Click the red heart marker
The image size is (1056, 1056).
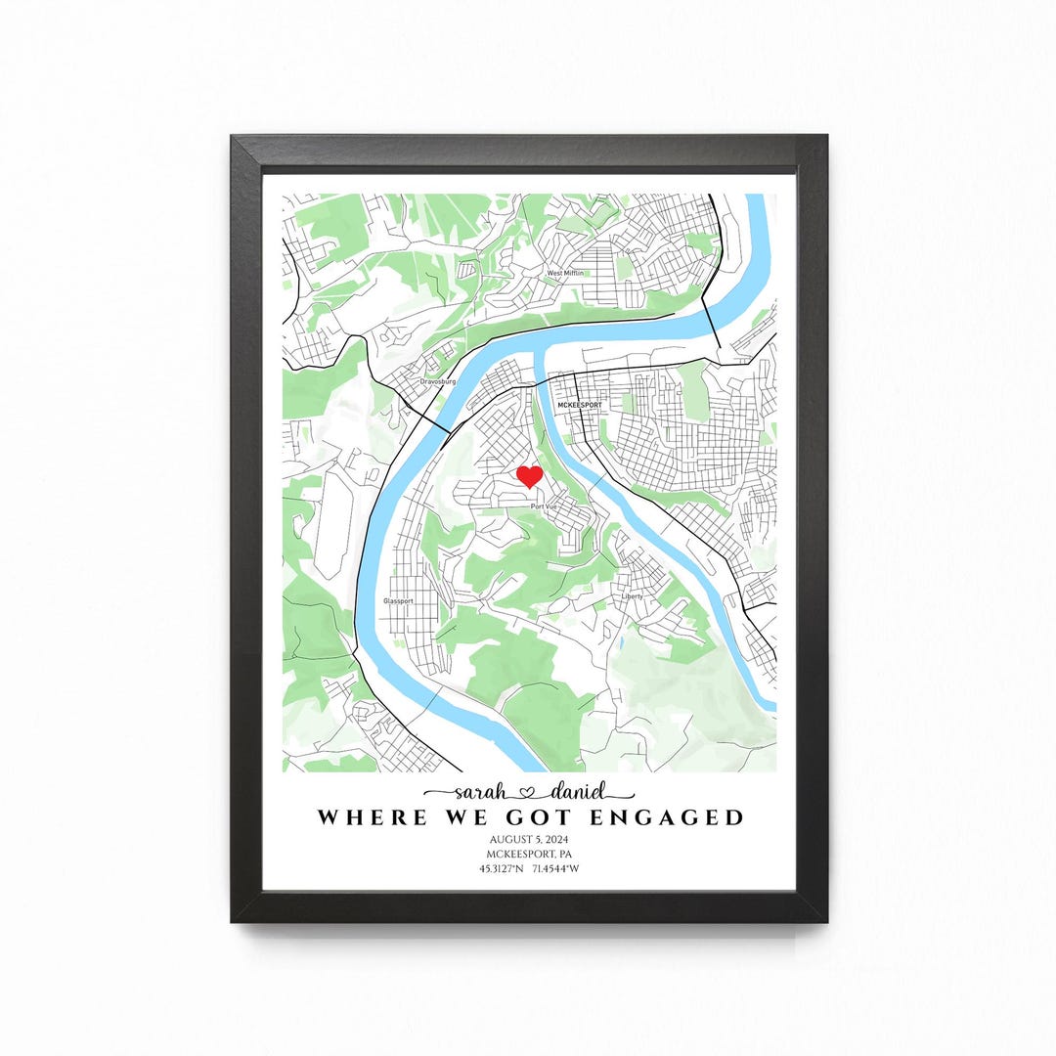[x=529, y=476]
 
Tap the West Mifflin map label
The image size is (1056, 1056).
[x=565, y=273]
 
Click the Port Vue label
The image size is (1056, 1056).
[x=543, y=507]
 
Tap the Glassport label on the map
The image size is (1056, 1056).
[x=398, y=600]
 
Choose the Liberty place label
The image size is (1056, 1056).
[x=633, y=595]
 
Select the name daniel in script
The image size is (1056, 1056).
[x=577, y=792]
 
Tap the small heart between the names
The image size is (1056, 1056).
[x=530, y=793]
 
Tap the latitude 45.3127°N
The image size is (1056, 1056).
[x=500, y=868]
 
